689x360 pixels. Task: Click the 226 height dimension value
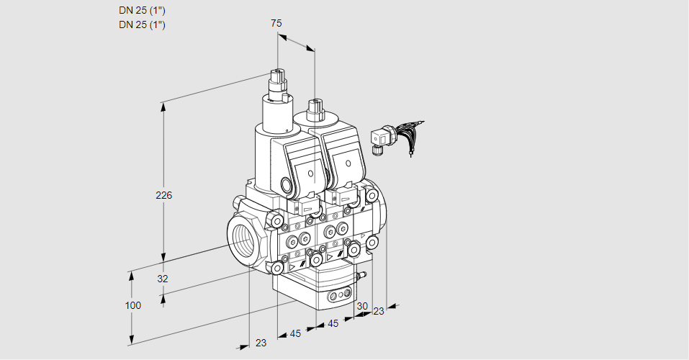pyautogui.click(x=165, y=195)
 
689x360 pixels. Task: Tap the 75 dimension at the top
pyautogui.click(x=276, y=23)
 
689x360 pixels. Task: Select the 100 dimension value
pyautogui.click(x=132, y=305)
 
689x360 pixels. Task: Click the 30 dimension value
pyautogui.click(x=361, y=306)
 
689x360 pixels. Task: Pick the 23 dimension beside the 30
pyautogui.click(x=378, y=311)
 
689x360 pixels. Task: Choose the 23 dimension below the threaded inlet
pyautogui.click(x=261, y=343)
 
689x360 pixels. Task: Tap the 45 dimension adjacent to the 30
pyautogui.click(x=332, y=324)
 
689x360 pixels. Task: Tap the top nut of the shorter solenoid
pyautogui.click(x=314, y=105)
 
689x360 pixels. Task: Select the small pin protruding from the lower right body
pyautogui.click(x=362, y=274)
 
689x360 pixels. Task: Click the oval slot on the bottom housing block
pyautogui.click(x=338, y=295)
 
